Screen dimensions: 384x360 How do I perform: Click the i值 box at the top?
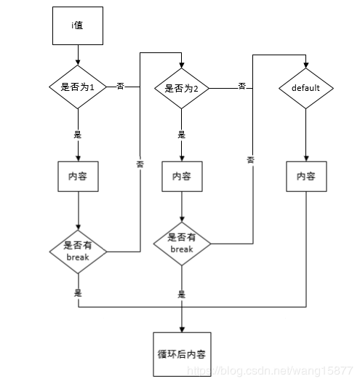(77, 25)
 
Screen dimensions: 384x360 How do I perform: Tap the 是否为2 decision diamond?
(182, 88)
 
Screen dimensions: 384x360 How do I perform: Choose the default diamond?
(305, 88)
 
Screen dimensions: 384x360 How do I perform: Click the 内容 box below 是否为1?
(77, 176)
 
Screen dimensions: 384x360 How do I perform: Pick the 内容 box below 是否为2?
(182, 176)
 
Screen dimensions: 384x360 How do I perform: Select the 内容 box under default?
(305, 176)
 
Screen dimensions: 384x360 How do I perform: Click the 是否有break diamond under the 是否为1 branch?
(77, 251)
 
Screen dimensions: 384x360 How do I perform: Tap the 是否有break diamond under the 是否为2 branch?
(182, 243)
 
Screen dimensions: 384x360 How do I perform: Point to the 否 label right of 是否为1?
(121, 86)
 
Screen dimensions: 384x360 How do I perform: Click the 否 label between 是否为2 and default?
(241, 86)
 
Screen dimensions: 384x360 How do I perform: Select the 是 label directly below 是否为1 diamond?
(77, 135)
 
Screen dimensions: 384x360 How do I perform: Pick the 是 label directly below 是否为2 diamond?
(182, 135)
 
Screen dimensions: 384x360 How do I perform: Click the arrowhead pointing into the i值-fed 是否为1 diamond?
(77, 63)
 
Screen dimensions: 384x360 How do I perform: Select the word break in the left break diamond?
(77, 257)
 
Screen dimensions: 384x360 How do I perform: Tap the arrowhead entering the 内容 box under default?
(305, 158)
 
